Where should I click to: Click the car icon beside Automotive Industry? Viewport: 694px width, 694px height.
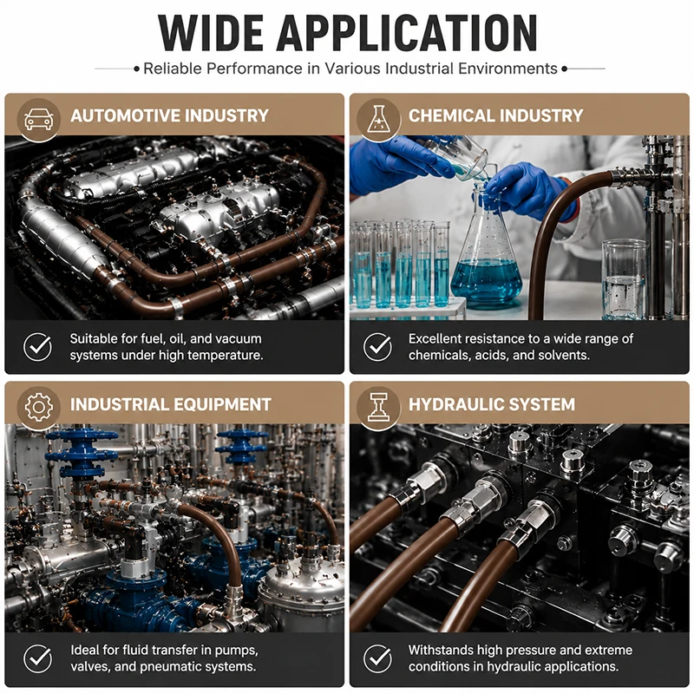coord(39,119)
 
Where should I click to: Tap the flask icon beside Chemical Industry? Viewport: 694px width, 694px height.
coord(378,119)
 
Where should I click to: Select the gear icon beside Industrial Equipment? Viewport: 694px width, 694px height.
coord(39,406)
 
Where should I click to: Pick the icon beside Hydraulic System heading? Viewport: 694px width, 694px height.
coord(378,406)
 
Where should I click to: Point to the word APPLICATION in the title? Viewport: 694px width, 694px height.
coord(407,33)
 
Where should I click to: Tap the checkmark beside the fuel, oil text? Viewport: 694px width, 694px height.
coord(37,346)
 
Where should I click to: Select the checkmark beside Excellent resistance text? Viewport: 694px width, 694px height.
coord(377,346)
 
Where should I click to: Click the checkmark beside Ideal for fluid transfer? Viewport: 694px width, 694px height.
coord(37,658)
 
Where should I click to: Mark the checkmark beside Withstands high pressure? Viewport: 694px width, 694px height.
coord(377,658)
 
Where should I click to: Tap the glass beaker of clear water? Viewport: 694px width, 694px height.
coord(624,279)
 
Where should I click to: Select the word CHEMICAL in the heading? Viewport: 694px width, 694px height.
coord(450,116)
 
